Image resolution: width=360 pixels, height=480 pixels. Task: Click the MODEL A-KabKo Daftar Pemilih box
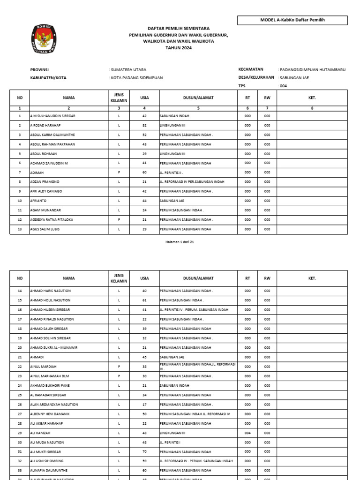click(x=292, y=20)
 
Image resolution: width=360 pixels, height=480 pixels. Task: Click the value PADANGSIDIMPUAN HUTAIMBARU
click(x=312, y=69)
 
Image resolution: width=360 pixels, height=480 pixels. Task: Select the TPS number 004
click(x=283, y=86)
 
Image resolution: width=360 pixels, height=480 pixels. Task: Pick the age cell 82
click(x=144, y=125)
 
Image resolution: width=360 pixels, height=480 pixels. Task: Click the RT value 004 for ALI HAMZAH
click(x=247, y=433)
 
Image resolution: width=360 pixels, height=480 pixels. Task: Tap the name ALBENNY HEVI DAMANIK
click(x=51, y=414)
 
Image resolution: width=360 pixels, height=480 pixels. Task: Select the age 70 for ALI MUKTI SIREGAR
click(x=144, y=451)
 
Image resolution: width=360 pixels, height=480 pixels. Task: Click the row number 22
click(x=20, y=366)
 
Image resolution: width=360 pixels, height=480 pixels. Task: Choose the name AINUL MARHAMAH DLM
click(x=49, y=376)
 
